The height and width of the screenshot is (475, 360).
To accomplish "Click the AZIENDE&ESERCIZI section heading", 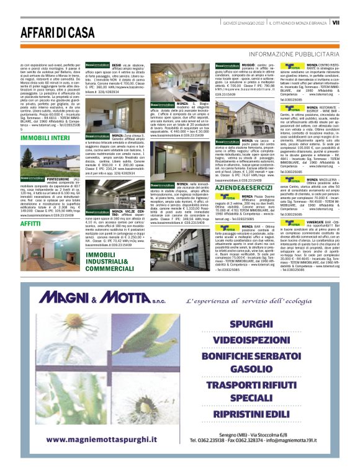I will (244, 187).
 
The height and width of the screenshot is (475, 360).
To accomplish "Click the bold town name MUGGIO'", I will (249, 64).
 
